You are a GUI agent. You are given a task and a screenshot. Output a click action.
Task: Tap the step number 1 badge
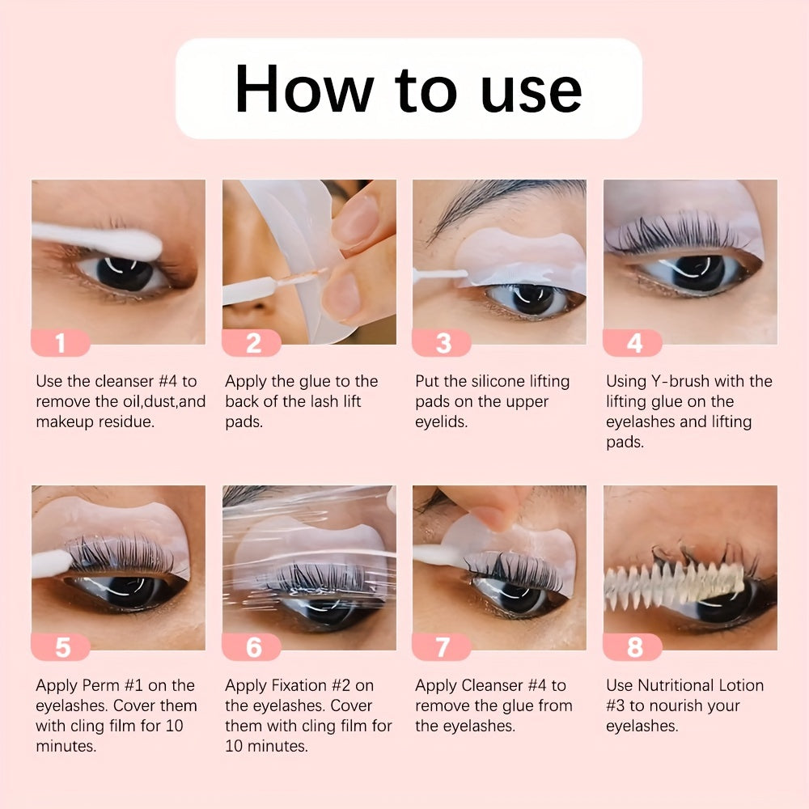61,343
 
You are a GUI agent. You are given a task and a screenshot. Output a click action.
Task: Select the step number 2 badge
252,343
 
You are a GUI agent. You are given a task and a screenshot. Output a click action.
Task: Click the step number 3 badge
443,343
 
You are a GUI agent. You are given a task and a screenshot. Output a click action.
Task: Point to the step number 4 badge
633,343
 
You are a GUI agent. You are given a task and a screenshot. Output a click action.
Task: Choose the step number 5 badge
61,647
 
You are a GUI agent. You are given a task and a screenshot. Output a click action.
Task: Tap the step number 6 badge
252,647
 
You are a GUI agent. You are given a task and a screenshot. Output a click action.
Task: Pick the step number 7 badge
443,647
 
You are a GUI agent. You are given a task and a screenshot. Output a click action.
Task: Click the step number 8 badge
633,647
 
